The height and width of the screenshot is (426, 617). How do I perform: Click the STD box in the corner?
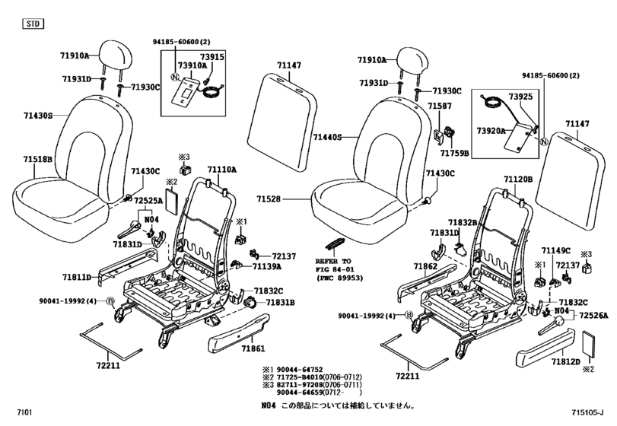pos(31,24)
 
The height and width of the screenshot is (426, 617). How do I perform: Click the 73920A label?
pos(491,131)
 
